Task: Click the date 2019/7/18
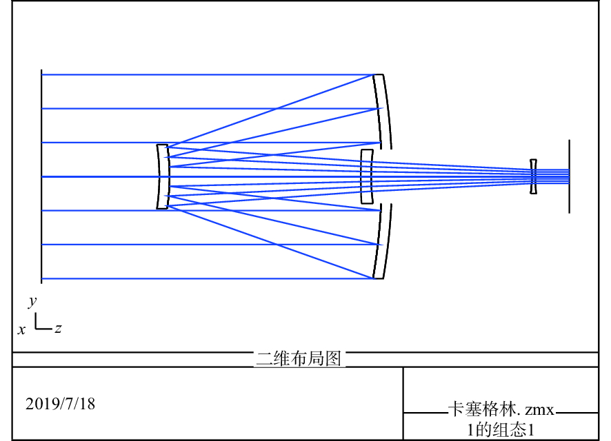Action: click(x=60, y=404)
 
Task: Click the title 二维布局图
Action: click(x=299, y=359)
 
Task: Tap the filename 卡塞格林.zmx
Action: click(x=501, y=410)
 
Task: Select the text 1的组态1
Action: click(x=501, y=430)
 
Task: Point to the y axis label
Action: click(x=32, y=301)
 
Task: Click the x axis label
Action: click(x=22, y=330)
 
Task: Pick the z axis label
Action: click(x=59, y=329)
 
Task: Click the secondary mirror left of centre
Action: click(x=163, y=176)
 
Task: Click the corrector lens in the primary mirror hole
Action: click(x=367, y=176)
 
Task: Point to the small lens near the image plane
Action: click(x=533, y=176)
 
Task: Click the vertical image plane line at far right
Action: click(x=569, y=176)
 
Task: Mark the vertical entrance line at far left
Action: click(x=41, y=176)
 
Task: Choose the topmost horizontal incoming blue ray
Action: click(x=207, y=74)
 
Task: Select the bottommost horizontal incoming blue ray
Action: click(x=207, y=279)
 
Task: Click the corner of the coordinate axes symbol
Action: click(x=36, y=328)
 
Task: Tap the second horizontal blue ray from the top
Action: click(x=207, y=108)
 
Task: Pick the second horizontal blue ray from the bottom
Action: click(x=207, y=245)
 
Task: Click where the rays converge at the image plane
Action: click(x=567, y=176)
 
